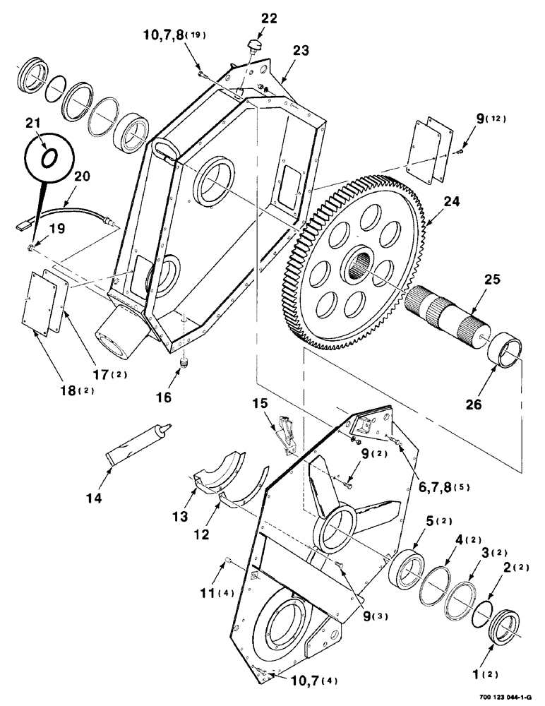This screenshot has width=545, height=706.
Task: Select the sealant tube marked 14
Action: pos(138,445)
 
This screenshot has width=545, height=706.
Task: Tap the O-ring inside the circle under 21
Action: pos(48,158)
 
